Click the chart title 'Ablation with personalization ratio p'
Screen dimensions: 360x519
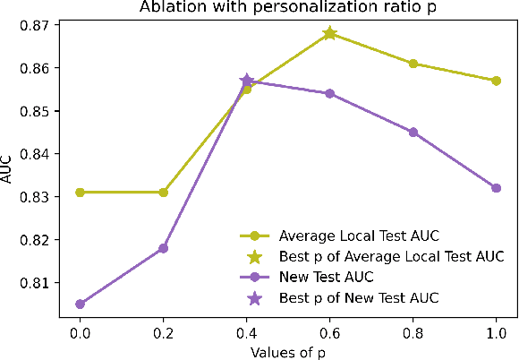click(278, 8)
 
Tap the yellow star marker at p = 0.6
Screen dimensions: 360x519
click(329, 33)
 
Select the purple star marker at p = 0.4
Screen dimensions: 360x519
click(246, 81)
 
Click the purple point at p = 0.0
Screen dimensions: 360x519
click(80, 304)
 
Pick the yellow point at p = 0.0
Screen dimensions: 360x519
click(80, 192)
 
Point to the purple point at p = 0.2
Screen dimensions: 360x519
click(163, 248)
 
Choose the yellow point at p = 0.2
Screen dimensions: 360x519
click(163, 192)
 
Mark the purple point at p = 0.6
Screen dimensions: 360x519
click(329, 93)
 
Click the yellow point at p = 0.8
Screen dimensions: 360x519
click(413, 64)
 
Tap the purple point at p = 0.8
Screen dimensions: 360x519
click(413, 132)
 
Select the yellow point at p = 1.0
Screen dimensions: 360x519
click(496, 81)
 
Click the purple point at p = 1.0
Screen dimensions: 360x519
click(496, 187)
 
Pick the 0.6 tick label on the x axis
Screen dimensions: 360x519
click(329, 330)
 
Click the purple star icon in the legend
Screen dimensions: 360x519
click(255, 296)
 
